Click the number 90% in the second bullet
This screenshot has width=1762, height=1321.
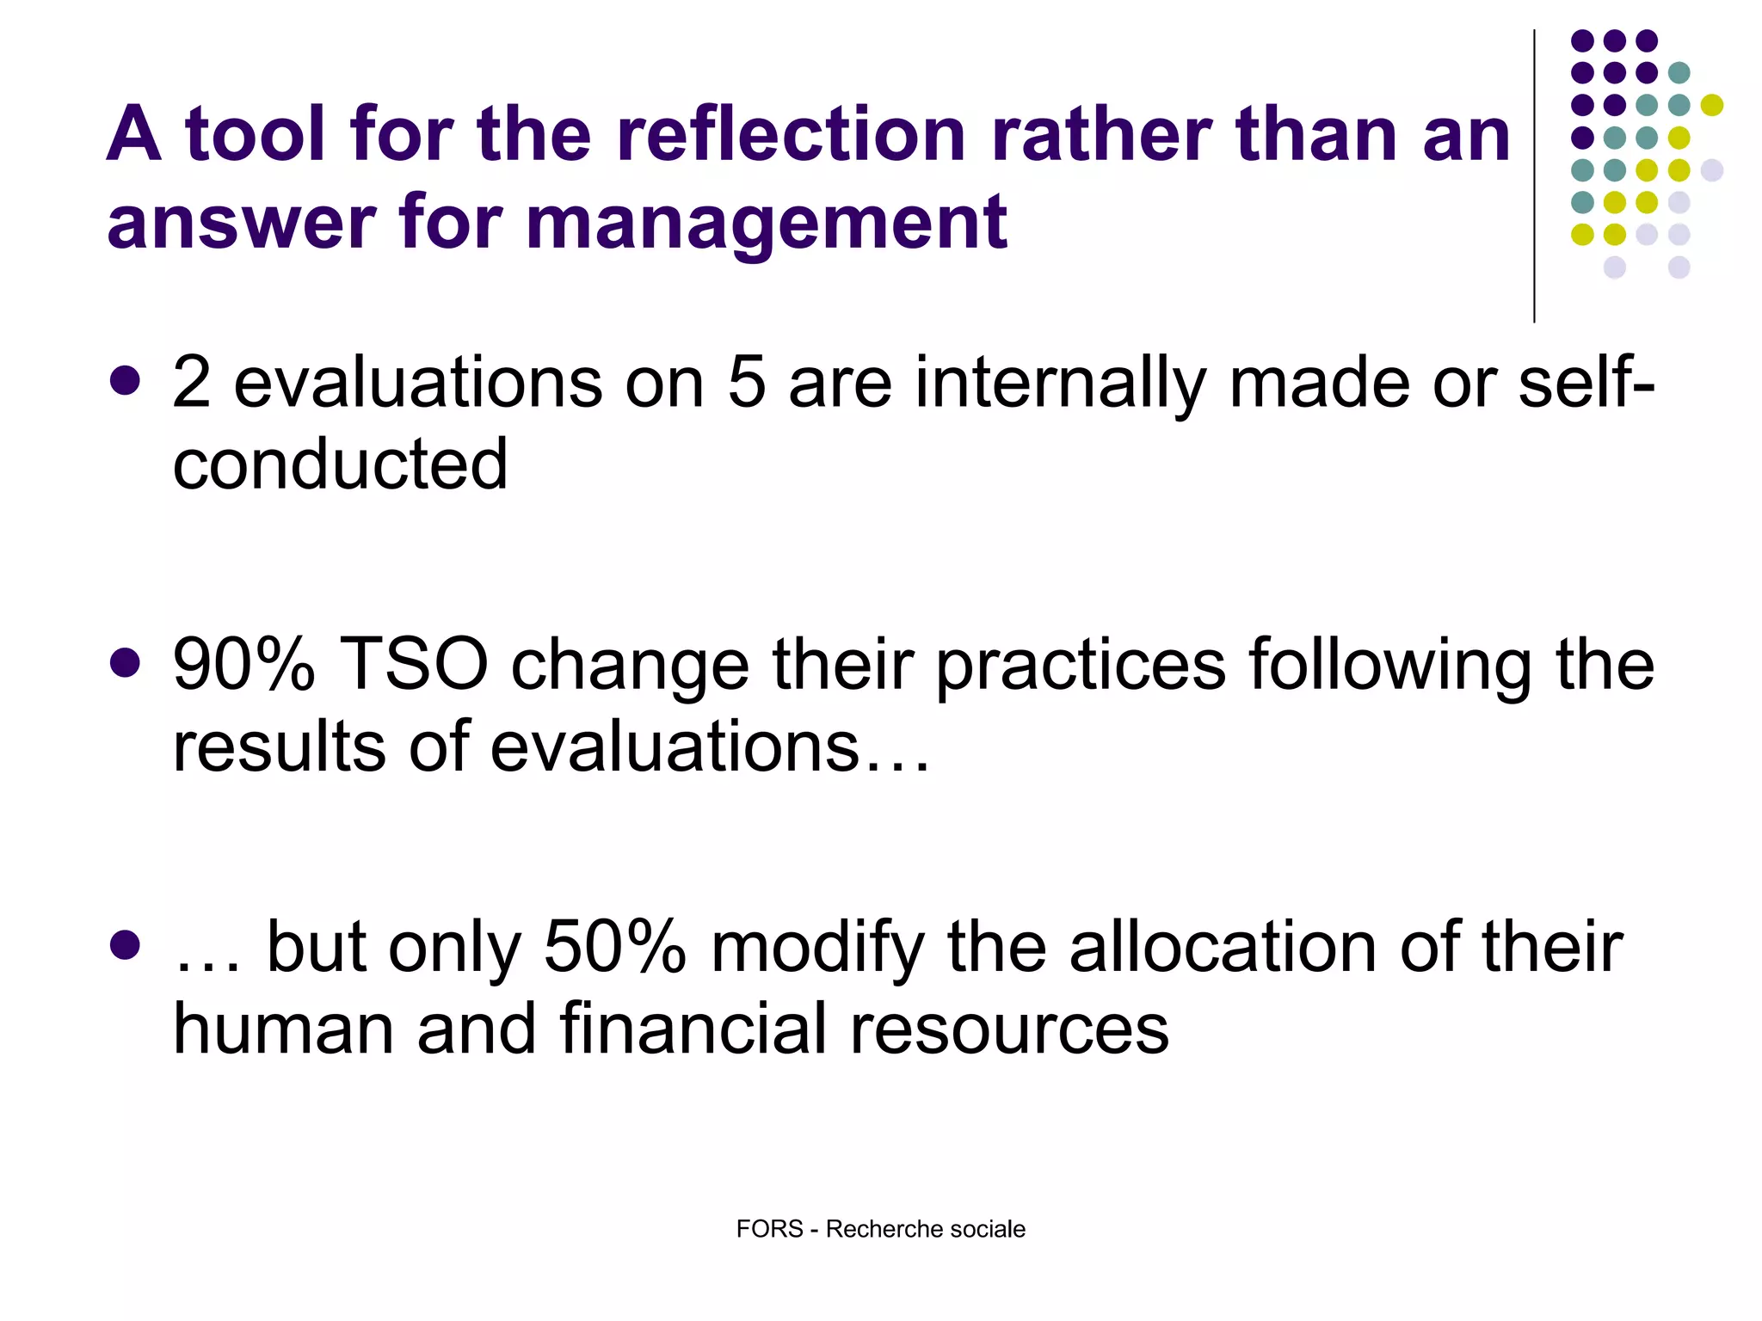243,665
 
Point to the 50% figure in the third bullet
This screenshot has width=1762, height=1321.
614,947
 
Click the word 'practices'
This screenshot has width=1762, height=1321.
1080,665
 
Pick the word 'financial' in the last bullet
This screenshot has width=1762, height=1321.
693,1029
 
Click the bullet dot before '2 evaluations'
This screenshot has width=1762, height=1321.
126,381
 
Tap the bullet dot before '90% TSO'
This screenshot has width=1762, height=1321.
126,663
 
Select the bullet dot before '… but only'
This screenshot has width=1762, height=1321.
126,945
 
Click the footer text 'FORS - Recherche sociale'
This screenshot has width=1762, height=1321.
880,1229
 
